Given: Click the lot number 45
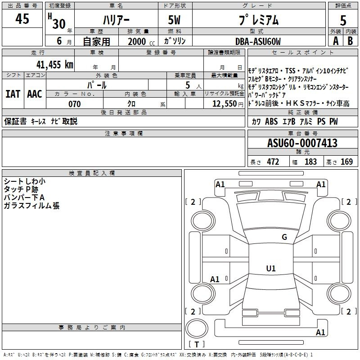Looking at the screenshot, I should (22, 19).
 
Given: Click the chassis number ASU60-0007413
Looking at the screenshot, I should (302, 143).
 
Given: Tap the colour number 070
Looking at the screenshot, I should (74, 104).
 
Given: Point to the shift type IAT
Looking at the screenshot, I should (13, 94).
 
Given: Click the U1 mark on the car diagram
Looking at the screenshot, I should (271, 268).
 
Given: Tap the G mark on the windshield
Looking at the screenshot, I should (284, 237).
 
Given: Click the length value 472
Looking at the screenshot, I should (273, 162).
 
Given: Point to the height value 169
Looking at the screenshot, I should (346, 162).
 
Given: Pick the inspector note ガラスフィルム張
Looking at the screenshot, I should (31, 206).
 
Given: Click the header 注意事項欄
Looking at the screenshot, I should (123, 134).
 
